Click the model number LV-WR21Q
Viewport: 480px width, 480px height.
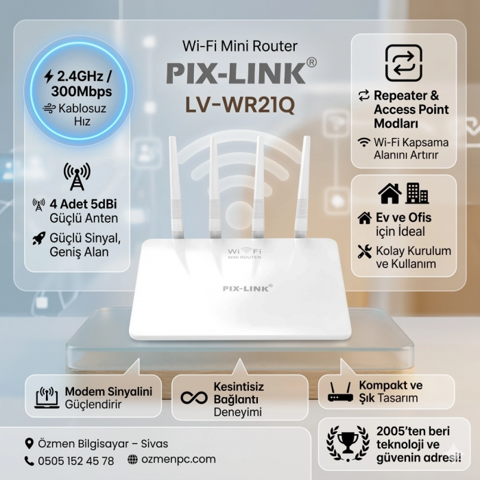point(240,105)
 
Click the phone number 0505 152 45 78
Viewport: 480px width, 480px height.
point(76,461)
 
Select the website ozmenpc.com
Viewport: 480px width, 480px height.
point(178,459)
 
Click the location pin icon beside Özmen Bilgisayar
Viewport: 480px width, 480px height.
point(29,444)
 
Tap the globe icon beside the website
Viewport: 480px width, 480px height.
point(132,459)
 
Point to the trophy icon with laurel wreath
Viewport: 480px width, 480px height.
point(348,443)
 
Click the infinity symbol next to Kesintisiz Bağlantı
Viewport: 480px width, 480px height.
point(194,398)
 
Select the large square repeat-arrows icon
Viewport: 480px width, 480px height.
point(404,63)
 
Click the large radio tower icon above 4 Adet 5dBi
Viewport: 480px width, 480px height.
point(77,177)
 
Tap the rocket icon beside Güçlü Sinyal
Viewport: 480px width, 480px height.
point(39,238)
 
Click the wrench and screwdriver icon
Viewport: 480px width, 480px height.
point(365,252)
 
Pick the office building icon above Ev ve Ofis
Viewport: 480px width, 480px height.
point(417,193)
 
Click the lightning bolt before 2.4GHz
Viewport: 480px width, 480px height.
point(49,77)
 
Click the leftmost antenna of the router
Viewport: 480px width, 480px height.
point(176,187)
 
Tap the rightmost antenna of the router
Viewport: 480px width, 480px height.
point(302,187)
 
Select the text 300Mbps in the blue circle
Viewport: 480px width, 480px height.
point(82,91)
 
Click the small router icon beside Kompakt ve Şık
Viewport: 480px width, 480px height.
point(340,392)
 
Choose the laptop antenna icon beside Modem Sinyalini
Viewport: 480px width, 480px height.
point(47,397)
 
